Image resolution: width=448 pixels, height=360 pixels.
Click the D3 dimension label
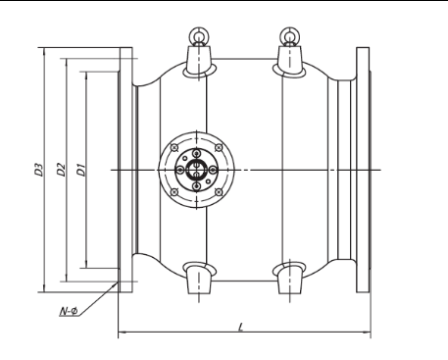point(39,170)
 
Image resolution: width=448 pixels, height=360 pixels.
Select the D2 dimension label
point(61,170)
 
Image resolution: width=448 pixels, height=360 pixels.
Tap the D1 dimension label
point(81,170)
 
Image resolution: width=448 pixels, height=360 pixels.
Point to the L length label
point(241,327)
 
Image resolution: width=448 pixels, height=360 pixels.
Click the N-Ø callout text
point(69,311)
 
